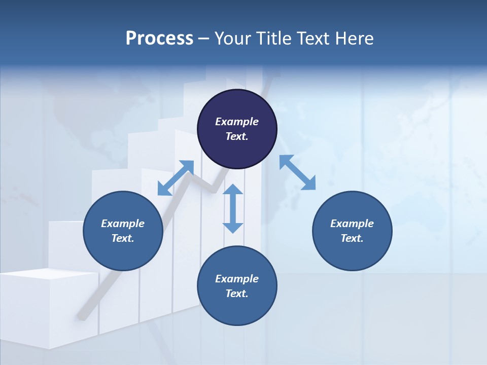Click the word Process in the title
[x=159, y=39]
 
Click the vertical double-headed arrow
[x=233, y=208]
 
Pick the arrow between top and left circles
[x=176, y=178]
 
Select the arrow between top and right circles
[x=298, y=172]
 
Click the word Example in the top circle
[x=237, y=122]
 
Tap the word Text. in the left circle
[x=123, y=238]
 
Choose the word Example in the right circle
[x=352, y=224]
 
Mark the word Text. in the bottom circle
[x=237, y=294]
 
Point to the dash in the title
[x=204, y=39]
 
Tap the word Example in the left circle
[x=123, y=224]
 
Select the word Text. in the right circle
[x=352, y=238]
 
